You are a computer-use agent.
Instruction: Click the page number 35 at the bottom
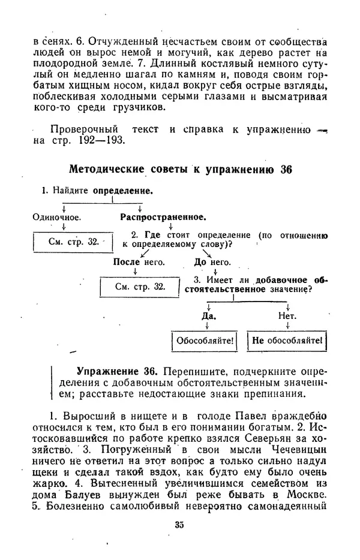179,525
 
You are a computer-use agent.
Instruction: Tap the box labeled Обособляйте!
205,342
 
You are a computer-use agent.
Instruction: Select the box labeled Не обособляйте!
287,342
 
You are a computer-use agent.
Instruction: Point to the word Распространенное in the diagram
163,216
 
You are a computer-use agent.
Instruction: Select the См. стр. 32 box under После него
140,287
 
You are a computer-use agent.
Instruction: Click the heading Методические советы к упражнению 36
180,169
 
